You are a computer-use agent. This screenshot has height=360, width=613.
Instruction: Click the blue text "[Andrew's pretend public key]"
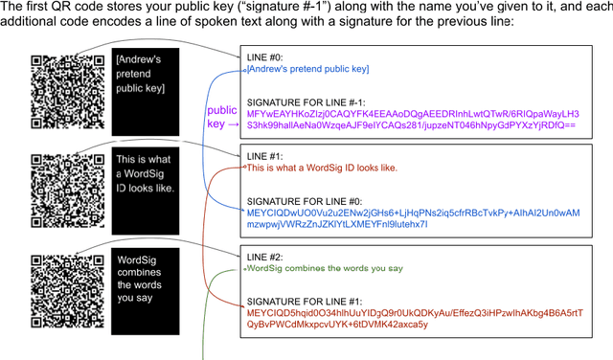[x=307, y=69]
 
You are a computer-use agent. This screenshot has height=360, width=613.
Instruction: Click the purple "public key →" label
[x=222, y=117]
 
